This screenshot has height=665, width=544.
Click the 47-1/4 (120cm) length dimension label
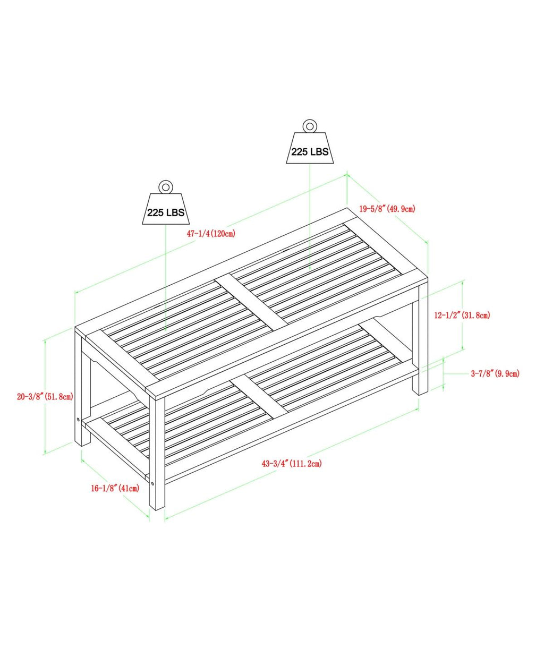coord(211,234)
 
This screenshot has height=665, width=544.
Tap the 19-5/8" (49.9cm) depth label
coord(387,209)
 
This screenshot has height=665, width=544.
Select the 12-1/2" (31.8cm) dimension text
coord(462,315)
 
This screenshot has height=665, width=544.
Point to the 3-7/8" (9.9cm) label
coord(495,373)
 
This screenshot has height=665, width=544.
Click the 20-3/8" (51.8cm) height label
coord(45,396)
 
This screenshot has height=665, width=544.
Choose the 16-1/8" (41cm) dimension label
coord(115,489)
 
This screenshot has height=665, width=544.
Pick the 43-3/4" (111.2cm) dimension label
coord(292,464)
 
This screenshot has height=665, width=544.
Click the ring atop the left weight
coord(166,187)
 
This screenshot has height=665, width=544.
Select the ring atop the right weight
coord(310,126)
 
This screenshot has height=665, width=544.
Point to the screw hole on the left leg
coord(78,419)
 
